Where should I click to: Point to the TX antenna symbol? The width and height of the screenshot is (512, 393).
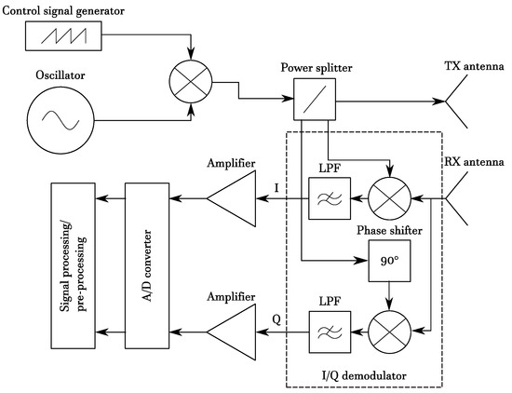457,102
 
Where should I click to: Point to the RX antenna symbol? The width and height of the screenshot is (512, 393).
457,198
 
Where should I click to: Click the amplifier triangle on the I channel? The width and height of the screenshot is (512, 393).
231,198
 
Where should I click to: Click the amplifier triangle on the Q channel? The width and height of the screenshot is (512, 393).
231,332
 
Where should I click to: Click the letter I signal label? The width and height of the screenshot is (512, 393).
276,188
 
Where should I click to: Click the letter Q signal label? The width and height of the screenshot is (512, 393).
276,319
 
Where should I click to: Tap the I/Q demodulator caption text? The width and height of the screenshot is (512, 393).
364,375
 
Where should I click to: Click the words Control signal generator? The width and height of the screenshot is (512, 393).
63,11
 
